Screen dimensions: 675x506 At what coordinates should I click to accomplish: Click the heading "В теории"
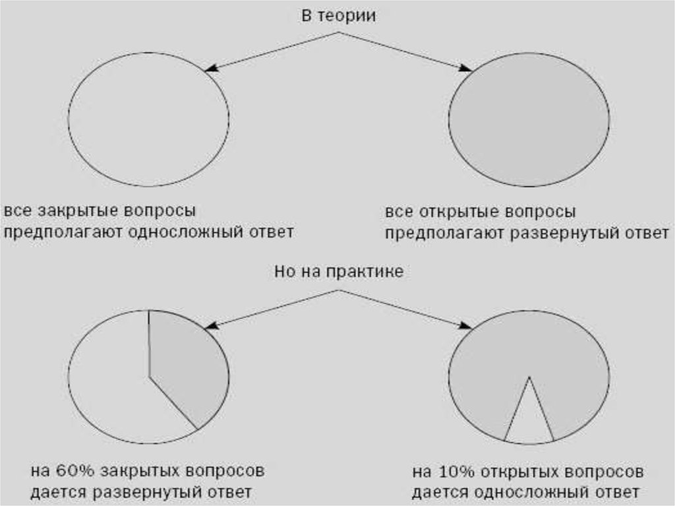(x=338, y=16)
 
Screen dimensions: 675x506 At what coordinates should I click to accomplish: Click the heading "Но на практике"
(x=339, y=272)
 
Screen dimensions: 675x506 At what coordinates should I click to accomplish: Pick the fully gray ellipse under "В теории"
(x=529, y=119)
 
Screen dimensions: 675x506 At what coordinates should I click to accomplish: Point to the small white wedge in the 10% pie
(x=529, y=425)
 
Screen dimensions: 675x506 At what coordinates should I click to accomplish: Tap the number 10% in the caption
(x=456, y=472)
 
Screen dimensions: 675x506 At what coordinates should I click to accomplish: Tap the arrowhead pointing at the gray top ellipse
(x=466, y=68)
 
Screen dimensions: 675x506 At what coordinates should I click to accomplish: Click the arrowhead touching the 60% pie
(x=211, y=325)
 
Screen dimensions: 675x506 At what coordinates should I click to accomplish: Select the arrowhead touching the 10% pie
(x=466, y=325)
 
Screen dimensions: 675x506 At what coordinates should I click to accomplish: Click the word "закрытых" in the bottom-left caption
(x=139, y=471)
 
